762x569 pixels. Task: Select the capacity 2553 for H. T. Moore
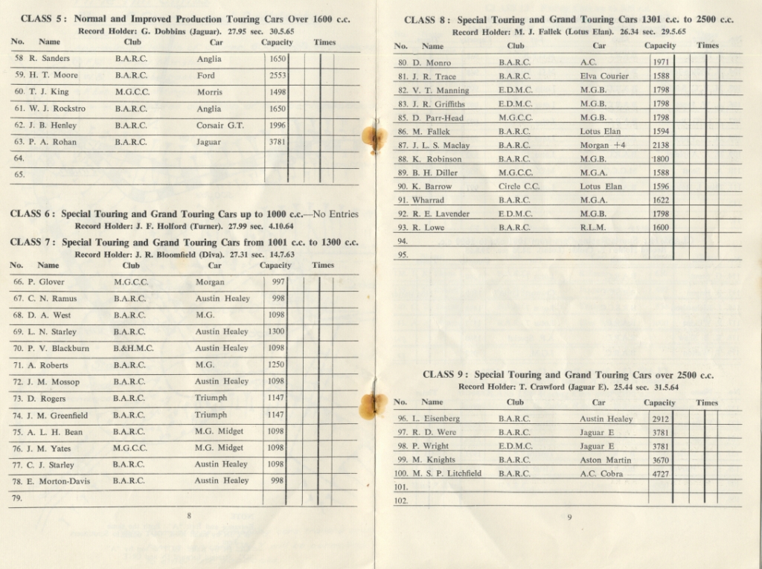click(x=277, y=75)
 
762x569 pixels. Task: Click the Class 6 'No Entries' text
click(x=336, y=214)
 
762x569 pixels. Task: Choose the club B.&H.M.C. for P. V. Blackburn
click(x=133, y=348)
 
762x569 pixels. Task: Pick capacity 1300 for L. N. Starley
click(x=276, y=332)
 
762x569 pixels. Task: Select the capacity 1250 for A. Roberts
click(x=276, y=365)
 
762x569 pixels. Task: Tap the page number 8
click(x=189, y=515)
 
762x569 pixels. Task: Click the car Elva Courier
click(x=604, y=76)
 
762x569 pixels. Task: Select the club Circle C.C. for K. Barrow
click(x=519, y=187)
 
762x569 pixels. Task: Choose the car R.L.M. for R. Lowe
click(x=592, y=228)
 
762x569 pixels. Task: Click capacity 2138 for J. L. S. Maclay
click(x=661, y=145)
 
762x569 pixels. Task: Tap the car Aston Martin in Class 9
click(x=605, y=460)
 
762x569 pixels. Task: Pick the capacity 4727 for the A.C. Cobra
click(x=660, y=474)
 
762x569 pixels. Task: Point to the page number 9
click(x=569, y=518)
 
